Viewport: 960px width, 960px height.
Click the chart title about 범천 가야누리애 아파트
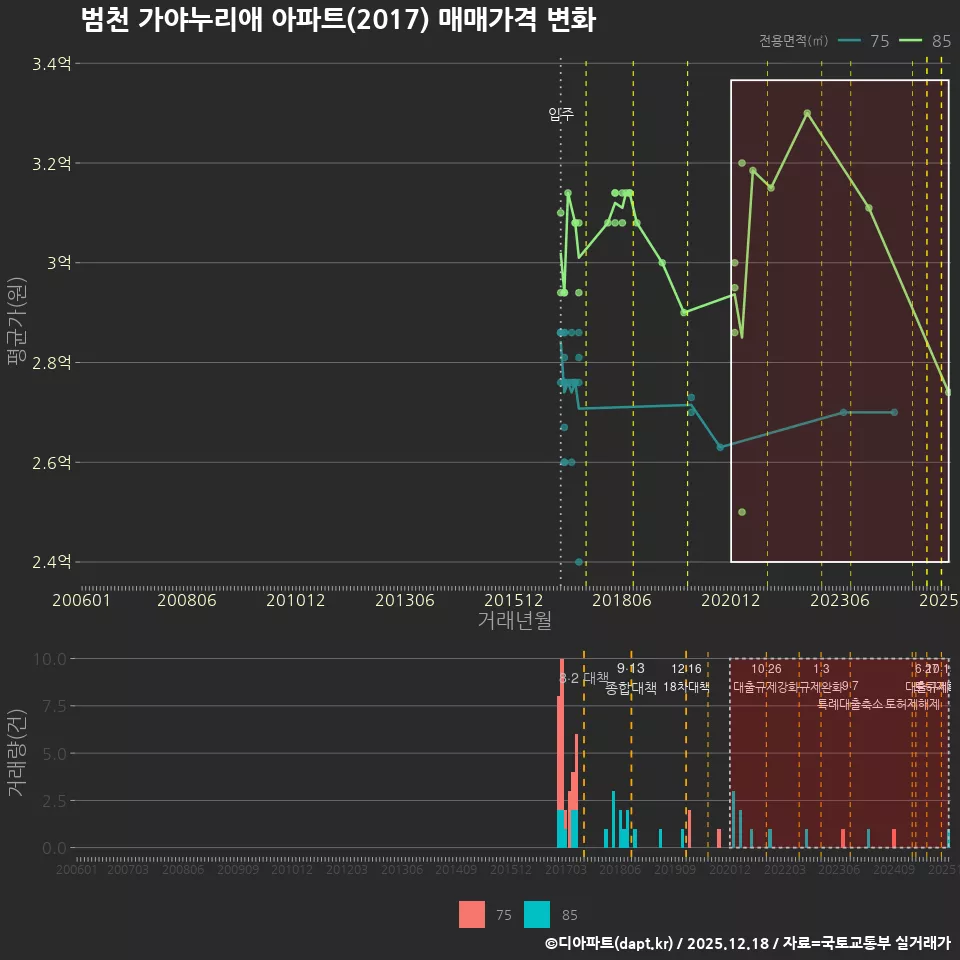point(338,20)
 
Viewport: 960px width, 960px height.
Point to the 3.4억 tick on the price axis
point(52,64)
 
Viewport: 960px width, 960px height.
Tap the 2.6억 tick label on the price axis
point(52,463)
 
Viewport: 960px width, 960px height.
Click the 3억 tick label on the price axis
point(59,263)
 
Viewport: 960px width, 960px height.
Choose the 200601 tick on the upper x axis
point(81,601)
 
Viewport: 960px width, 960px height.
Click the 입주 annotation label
point(560,114)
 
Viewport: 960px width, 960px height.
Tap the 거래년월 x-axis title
point(514,621)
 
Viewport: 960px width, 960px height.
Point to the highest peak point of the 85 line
point(807,113)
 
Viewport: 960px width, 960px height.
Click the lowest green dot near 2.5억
point(742,512)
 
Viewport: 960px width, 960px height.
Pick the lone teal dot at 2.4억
point(579,562)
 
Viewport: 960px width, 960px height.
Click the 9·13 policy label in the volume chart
point(631,669)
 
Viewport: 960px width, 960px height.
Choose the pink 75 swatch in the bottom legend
point(472,914)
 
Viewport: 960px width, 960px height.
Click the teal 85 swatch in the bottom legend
point(537,914)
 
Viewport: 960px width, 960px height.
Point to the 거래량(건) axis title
point(16,753)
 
